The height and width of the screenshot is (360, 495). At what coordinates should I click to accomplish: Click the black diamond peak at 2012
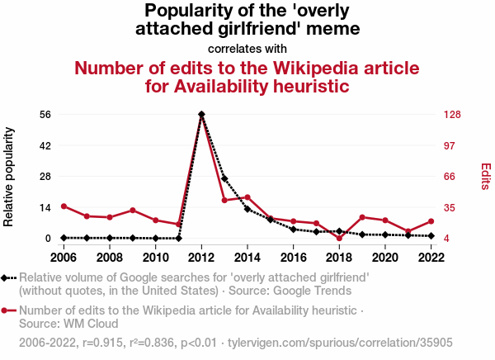point(201,114)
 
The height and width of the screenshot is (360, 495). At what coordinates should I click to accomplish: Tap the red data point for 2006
point(64,206)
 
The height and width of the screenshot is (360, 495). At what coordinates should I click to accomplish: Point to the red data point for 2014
point(247,197)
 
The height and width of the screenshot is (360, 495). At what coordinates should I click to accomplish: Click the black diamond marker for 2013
point(224,179)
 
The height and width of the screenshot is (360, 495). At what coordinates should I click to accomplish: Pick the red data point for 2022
point(431,221)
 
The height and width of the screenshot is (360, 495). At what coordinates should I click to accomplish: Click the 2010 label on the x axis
point(156,257)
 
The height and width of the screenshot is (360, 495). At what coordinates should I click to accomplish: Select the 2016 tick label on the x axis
point(293,257)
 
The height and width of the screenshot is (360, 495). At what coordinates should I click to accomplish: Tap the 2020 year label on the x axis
point(384,257)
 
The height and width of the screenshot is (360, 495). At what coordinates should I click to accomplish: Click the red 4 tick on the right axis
point(445,238)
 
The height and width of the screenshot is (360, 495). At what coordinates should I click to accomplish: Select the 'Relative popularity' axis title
point(10,176)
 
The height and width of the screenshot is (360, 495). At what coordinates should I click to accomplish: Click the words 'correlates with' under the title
point(247,48)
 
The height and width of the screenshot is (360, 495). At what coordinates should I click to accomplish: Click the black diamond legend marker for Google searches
point(7,277)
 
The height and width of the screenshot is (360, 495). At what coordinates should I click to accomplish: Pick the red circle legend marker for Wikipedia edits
point(7,310)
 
